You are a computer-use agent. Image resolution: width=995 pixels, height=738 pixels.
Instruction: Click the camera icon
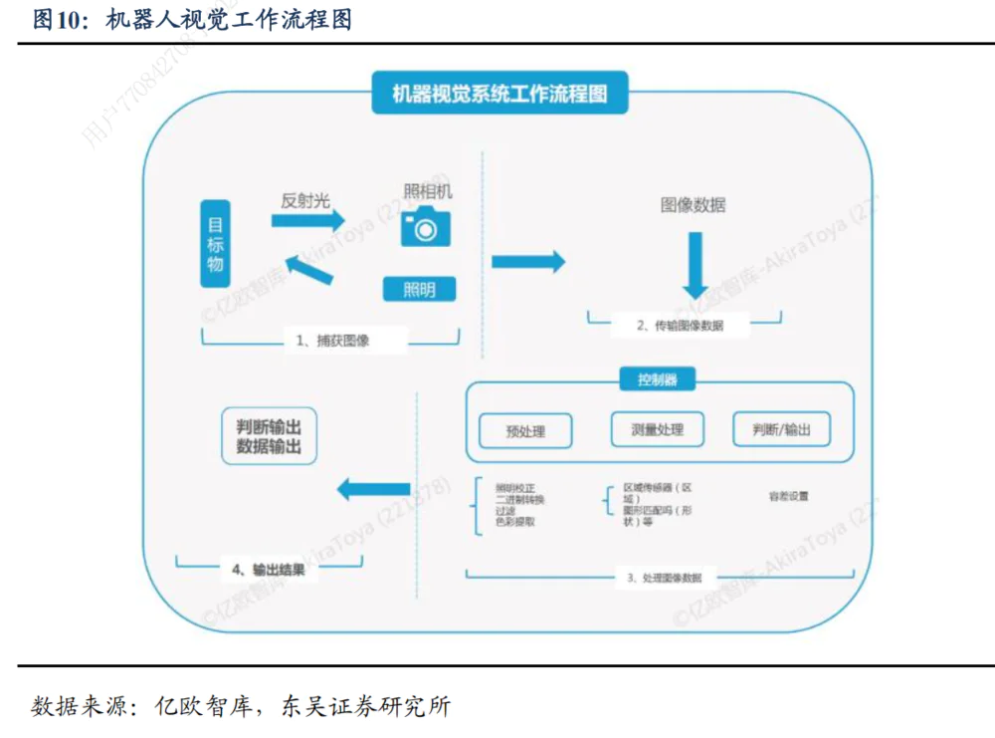pos(426,228)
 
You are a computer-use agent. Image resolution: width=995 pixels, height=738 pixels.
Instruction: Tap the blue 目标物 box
pos(215,243)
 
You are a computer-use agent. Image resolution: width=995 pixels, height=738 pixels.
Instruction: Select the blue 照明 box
pos(420,290)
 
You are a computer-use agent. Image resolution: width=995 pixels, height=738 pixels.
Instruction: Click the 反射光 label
pos(304,200)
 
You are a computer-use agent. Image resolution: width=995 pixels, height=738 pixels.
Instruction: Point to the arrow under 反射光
pos(308,221)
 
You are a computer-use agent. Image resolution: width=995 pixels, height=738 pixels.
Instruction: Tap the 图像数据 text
pos(693,205)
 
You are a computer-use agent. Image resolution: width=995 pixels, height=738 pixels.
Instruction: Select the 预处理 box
pos(525,431)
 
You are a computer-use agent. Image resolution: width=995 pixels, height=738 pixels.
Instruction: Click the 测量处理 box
pos(657,429)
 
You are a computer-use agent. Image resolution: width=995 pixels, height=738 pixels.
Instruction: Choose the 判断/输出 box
pos(781,429)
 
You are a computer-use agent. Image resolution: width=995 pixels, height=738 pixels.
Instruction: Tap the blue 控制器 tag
pos(657,379)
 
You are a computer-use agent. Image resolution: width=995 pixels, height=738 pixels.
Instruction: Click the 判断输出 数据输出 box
pos(269,435)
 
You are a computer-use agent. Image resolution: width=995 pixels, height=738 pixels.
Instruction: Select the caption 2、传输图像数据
pos(680,326)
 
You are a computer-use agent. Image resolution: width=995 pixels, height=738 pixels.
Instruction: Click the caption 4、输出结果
pos(269,571)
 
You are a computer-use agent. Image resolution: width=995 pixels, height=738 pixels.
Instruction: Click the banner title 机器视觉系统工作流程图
pos(498,96)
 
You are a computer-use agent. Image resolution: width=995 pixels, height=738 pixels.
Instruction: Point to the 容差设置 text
pos(788,495)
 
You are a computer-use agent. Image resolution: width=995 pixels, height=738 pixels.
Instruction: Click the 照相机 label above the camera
pos(427,191)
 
